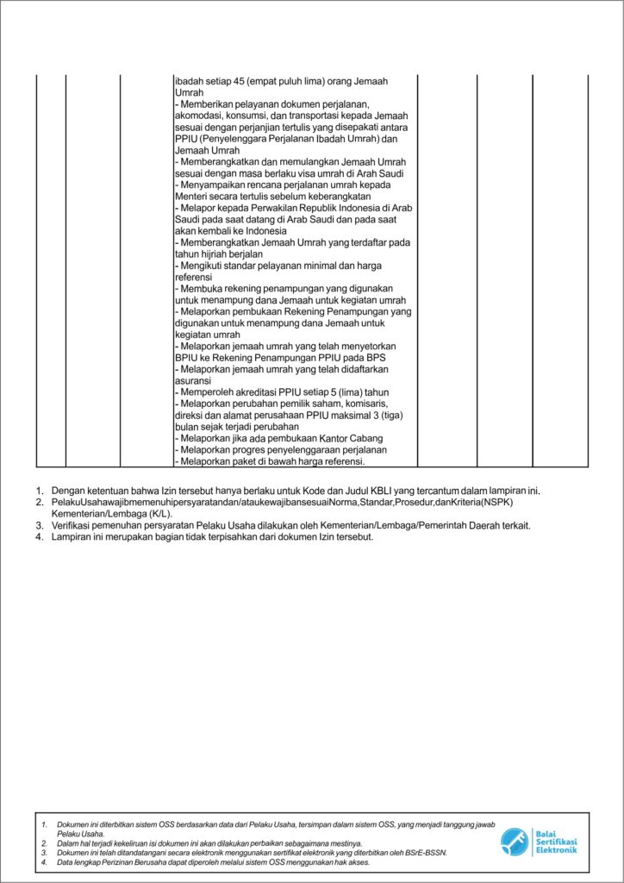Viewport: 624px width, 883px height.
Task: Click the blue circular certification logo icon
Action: pos(515,841)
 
